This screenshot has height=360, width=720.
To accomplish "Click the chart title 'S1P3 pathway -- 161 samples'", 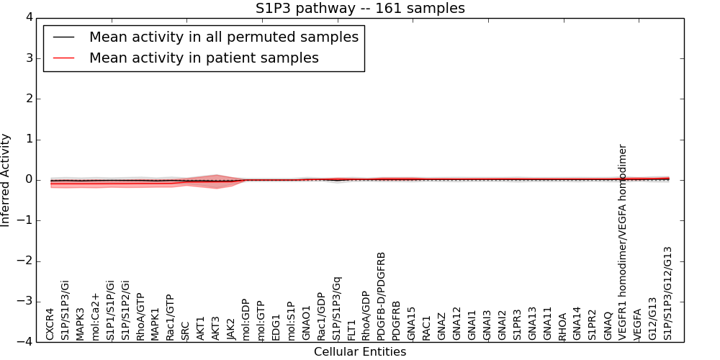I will pos(360,9).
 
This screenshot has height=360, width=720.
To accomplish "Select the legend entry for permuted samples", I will pos(223,37).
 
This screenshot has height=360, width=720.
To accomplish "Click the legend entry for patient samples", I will pos(204,58).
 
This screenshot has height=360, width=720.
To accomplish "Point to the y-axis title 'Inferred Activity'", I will pos(6,180).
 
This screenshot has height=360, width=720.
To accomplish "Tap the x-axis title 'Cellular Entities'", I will pos(360,352).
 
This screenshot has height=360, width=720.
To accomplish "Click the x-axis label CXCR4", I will pos(50,324).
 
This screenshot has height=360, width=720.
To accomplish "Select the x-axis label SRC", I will pos(186,330).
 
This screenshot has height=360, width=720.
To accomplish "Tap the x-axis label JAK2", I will pos(231,328).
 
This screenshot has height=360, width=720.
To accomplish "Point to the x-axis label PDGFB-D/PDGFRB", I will pos(382,295).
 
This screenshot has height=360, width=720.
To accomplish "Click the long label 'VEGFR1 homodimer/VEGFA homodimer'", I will pos(623,242).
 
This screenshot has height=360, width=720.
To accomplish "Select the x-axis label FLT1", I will pos(351,330).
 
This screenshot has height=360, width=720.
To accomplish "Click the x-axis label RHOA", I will pos(562,326).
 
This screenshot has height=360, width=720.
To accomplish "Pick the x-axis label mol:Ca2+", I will pos(96,317).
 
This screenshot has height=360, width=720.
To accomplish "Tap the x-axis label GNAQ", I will pos(608,326).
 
